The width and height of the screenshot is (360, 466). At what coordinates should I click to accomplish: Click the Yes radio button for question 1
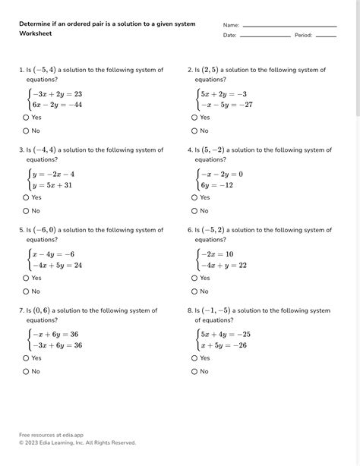(26, 118)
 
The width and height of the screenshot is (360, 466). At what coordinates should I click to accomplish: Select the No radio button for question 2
(194, 131)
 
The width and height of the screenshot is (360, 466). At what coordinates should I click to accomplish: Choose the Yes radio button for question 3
(26, 197)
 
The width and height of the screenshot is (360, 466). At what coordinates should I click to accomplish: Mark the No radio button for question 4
(194, 211)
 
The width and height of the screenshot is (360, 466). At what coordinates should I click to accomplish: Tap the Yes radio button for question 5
(26, 278)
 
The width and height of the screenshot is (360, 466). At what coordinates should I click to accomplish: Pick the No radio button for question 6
(194, 291)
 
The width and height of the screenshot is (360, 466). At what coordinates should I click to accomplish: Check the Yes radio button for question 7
(26, 358)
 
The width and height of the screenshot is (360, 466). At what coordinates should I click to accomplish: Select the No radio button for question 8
(194, 372)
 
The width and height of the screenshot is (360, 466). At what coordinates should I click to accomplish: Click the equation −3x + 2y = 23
(56, 94)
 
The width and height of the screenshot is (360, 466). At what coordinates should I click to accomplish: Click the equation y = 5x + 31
(52, 185)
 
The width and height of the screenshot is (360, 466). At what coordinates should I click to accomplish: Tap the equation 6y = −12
(216, 185)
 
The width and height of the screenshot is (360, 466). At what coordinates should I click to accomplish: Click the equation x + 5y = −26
(226, 345)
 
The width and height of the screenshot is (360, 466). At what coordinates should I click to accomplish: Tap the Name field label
(231, 25)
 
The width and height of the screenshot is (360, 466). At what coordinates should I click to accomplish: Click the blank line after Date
(265, 36)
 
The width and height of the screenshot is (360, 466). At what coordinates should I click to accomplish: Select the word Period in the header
(303, 36)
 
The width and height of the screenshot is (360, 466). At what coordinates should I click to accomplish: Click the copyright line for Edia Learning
(77, 442)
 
